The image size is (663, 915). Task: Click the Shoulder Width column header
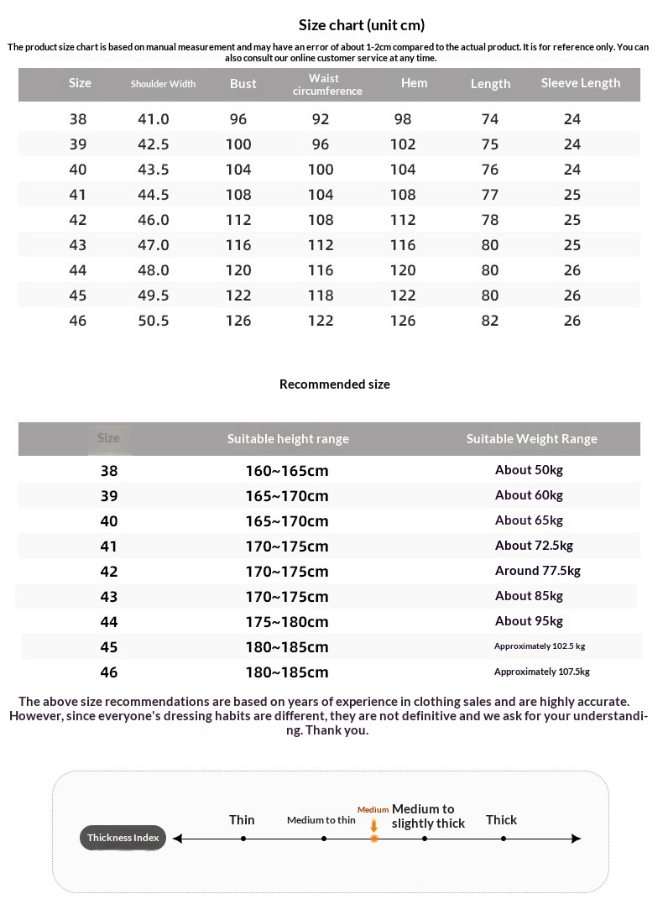[x=163, y=84]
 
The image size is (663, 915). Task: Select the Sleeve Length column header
[x=580, y=83]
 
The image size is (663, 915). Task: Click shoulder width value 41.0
[x=154, y=119]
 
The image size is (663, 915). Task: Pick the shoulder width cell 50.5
[x=154, y=321]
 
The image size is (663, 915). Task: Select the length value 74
[x=490, y=119]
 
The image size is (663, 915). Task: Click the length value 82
[x=490, y=321]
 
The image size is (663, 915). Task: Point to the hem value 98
[x=403, y=119]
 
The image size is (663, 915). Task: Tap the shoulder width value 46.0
[x=154, y=220]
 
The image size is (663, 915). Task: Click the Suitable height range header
[x=288, y=439]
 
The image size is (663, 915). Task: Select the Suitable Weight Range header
[x=532, y=439]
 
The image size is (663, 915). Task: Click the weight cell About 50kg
[x=529, y=470]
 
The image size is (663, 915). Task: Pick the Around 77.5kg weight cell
[x=537, y=571]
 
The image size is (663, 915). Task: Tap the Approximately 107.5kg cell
[x=541, y=672]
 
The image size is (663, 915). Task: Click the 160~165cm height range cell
[x=287, y=471]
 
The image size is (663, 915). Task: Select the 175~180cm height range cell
[x=287, y=622]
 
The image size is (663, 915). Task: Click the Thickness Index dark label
[x=123, y=838]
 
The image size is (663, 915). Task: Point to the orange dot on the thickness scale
[x=374, y=839]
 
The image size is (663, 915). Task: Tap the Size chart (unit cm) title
[x=362, y=25]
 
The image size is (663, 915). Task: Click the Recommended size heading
[x=334, y=384]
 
